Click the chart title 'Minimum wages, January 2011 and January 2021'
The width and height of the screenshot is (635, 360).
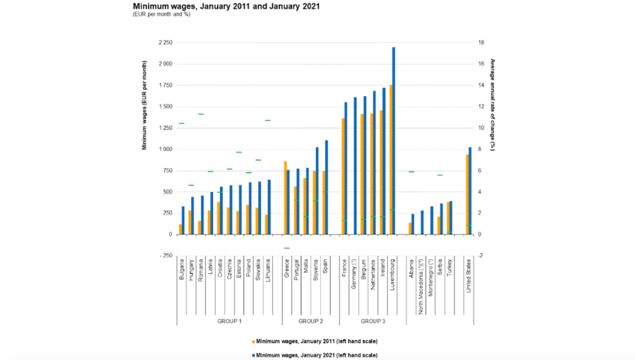[226, 6]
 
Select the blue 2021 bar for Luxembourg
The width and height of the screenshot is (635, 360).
[394, 141]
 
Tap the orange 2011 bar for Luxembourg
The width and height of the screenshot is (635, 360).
[390, 160]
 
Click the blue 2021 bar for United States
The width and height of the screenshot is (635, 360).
[470, 191]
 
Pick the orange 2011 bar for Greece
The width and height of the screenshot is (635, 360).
[285, 198]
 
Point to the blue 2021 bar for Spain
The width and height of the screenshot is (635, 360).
[327, 187]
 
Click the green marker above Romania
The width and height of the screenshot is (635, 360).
[201, 114]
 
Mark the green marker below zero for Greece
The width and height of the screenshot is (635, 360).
[286, 248]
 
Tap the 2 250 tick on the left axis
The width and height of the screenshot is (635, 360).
[165, 43]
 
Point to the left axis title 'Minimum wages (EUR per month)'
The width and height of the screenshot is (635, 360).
[144, 106]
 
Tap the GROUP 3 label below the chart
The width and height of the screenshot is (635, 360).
[373, 320]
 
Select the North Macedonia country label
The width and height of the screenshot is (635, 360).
[421, 283]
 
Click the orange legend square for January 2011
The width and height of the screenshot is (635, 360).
[252, 341]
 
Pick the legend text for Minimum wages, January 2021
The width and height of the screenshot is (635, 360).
[316, 354]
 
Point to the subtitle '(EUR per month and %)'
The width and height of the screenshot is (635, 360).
[162, 14]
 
